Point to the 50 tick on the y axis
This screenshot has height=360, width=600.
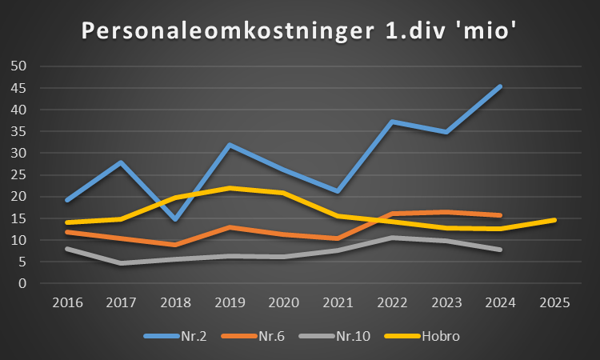click(20, 66)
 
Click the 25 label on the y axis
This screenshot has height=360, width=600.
click(20, 174)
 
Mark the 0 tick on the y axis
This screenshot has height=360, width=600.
click(23, 283)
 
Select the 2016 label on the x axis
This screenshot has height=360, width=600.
click(67, 302)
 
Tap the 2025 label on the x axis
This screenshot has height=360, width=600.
click(554, 302)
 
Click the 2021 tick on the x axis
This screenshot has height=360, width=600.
click(338, 302)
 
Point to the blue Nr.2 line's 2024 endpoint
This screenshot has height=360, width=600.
click(500, 86)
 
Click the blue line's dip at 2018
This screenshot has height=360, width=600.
click(175, 218)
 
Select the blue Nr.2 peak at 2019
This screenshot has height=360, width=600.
click(230, 145)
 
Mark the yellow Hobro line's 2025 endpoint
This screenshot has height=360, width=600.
click(554, 220)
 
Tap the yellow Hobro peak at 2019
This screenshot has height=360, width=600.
click(230, 188)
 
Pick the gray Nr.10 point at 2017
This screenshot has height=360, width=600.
click(121, 262)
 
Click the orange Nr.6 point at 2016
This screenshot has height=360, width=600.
click(67, 232)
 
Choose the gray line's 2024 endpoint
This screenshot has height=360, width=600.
click(500, 250)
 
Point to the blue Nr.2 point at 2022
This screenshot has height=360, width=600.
click(392, 122)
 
